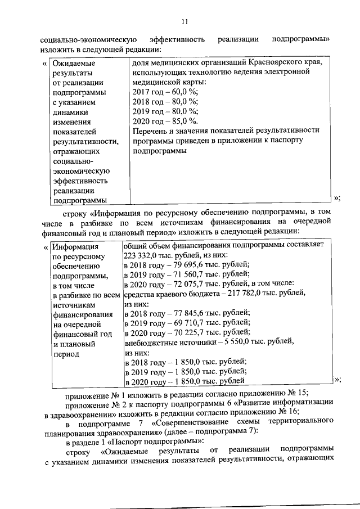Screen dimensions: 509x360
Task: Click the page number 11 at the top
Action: tap(184, 21)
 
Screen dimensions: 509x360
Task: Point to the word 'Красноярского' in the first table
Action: tap(266, 62)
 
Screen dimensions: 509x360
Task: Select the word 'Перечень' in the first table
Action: tap(148, 130)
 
